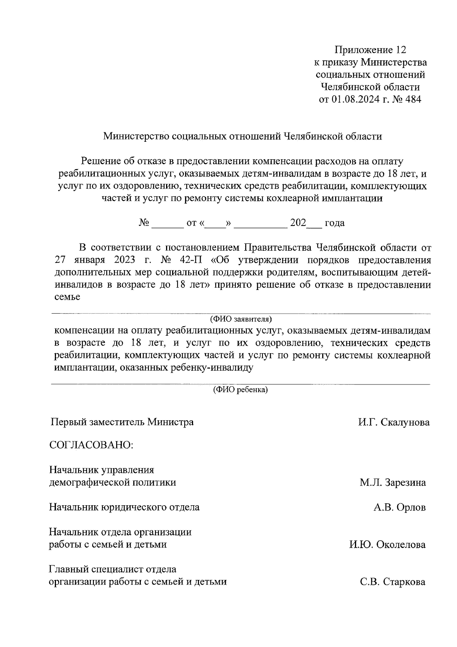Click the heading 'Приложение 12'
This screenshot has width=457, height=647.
(x=371, y=50)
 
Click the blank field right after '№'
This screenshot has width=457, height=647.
(x=168, y=223)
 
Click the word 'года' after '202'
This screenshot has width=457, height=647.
(x=334, y=223)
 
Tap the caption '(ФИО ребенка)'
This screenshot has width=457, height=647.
(x=240, y=390)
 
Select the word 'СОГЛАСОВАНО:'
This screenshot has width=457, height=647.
(x=91, y=445)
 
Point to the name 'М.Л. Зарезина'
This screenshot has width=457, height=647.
(x=393, y=483)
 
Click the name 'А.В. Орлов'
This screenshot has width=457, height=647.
(x=399, y=508)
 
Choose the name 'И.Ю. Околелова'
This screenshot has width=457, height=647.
(x=387, y=545)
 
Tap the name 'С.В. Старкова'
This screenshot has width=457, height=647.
(x=393, y=582)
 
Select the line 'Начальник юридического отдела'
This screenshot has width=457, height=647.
(x=125, y=508)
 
